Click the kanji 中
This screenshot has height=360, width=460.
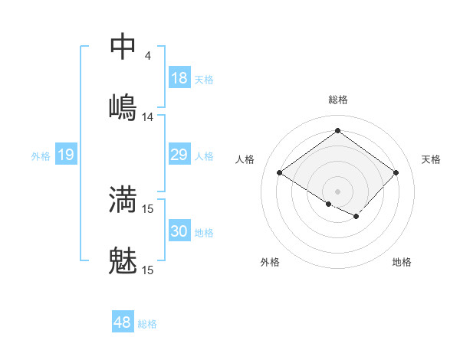point(123,46)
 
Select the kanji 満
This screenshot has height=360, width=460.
point(123,199)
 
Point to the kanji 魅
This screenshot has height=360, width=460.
point(123,260)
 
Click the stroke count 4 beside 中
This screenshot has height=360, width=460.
point(148,56)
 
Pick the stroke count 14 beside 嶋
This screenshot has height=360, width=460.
point(148,117)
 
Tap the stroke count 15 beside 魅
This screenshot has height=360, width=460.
point(148,270)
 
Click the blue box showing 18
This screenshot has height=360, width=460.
point(179,78)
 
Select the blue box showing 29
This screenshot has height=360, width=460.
point(179,155)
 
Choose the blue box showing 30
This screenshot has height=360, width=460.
point(179,231)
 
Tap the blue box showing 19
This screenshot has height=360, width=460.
point(66,155)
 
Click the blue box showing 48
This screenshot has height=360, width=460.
point(123,322)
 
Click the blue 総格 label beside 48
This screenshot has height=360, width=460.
point(147,324)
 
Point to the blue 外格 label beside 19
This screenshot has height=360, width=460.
point(41,156)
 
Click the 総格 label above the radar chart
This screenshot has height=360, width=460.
point(337,100)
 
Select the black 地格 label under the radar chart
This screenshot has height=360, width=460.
point(402,263)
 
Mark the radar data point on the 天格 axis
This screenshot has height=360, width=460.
point(396,172)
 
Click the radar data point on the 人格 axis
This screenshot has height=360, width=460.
point(280,172)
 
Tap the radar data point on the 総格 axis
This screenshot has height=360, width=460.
point(337,130)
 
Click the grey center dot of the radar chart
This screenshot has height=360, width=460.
point(337,191)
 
